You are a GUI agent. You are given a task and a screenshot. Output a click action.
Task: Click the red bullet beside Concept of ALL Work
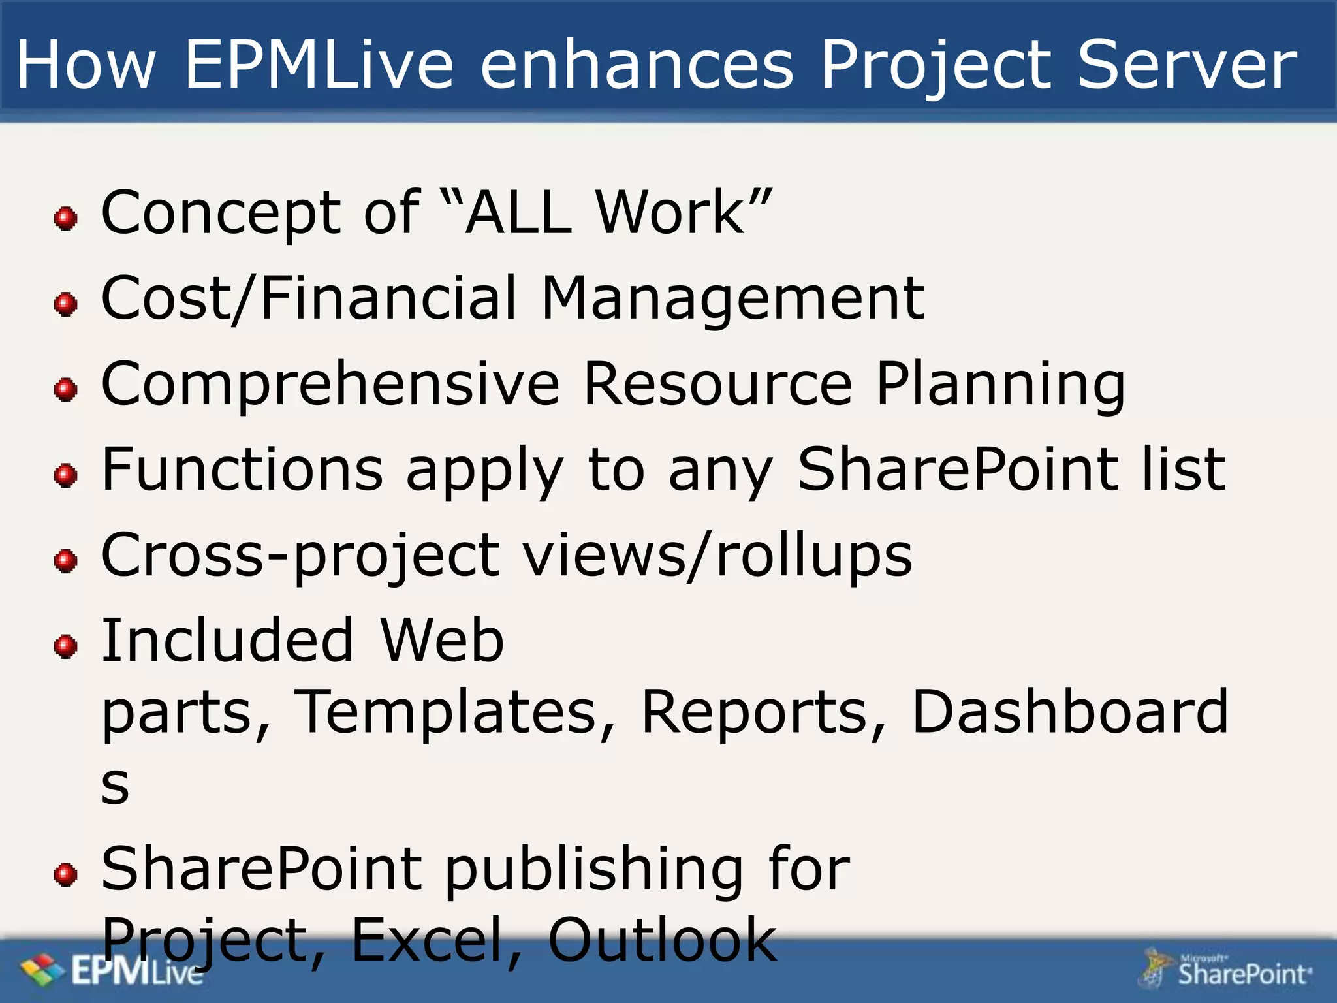tap(65, 218)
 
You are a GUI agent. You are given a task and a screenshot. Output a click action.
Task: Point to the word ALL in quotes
tap(519, 212)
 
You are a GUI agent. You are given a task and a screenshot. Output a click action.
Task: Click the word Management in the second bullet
tap(732, 299)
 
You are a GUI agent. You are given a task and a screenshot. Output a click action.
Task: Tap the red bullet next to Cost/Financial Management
tap(65, 304)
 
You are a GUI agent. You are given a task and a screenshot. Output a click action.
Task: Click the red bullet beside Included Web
tap(65, 646)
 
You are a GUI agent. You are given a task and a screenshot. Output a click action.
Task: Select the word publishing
tap(594, 870)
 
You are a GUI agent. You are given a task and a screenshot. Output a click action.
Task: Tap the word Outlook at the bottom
tap(662, 940)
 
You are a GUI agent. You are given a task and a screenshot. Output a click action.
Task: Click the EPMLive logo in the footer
tap(111, 972)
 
